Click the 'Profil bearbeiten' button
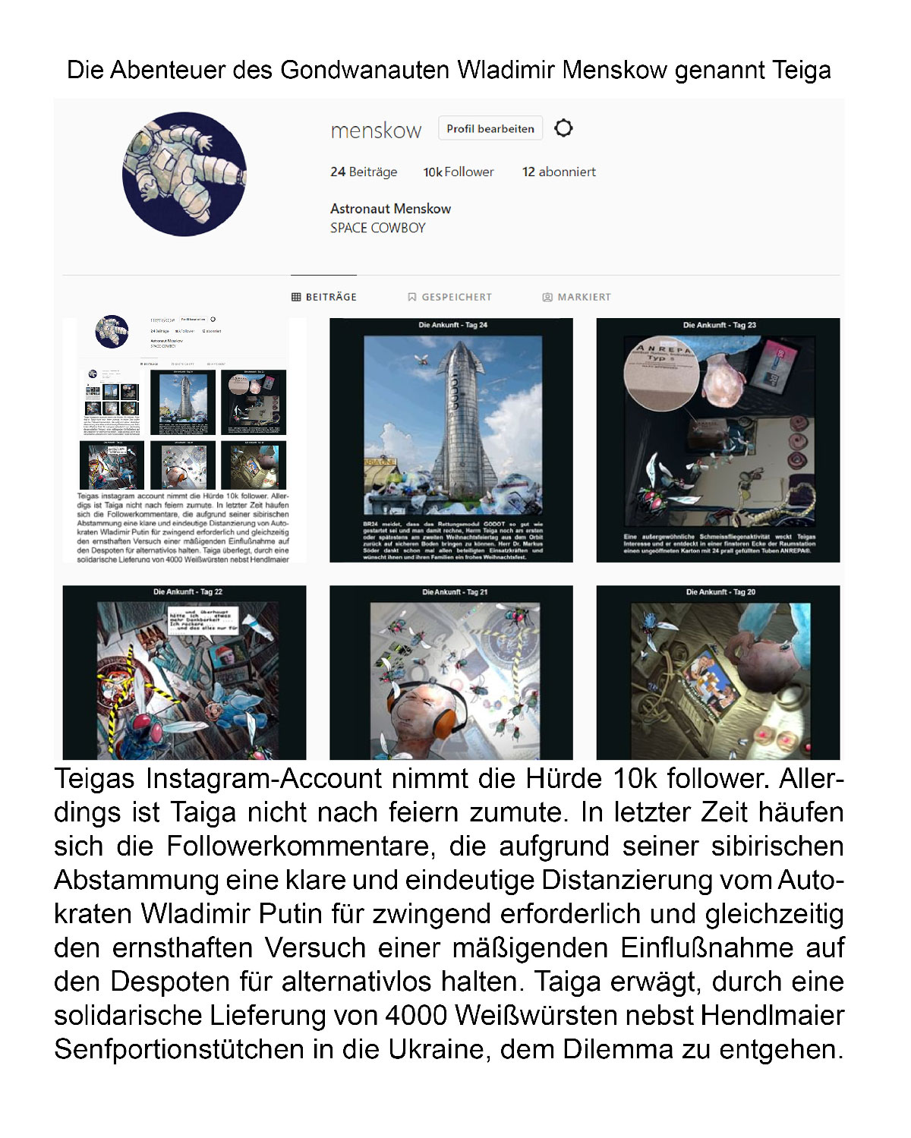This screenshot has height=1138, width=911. point(490,128)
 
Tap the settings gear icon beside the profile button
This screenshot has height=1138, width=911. point(563,128)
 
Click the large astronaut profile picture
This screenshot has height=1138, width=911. point(184,174)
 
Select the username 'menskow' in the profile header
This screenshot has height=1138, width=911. point(376,131)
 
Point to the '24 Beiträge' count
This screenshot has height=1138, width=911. point(364,172)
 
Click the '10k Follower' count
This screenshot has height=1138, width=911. point(459,172)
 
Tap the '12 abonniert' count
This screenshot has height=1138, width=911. point(559,172)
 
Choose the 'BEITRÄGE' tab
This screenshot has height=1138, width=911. point(324,297)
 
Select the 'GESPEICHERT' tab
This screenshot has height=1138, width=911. point(450,297)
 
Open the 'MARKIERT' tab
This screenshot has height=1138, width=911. point(577,297)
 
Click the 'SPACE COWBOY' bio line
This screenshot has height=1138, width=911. point(377,228)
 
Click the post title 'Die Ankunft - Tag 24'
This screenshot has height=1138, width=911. point(452,325)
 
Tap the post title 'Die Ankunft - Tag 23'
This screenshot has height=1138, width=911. point(719,325)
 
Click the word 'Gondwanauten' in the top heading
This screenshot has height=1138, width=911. point(364,71)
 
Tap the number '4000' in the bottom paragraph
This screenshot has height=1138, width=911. point(415,1015)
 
